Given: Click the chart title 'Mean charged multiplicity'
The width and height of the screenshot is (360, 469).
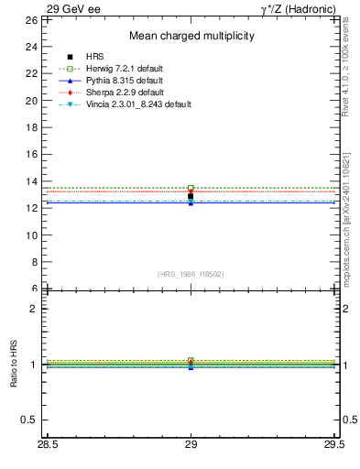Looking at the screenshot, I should pos(191,37).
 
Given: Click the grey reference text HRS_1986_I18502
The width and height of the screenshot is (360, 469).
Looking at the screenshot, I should pos(191,274).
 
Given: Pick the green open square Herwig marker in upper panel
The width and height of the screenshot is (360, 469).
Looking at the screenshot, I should pos(191,188).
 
